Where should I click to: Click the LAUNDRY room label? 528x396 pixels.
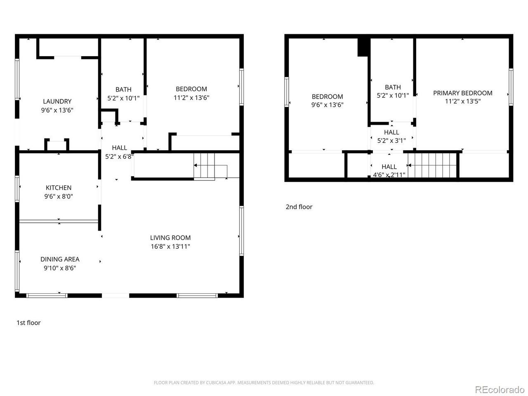pyautogui.click(x=57, y=101)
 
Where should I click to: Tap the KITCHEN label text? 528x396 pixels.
pyautogui.click(x=59, y=188)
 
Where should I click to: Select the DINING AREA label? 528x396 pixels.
pyautogui.click(x=60, y=259)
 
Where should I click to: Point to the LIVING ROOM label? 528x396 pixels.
pyautogui.click(x=170, y=238)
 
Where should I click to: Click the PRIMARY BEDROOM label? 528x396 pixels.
pyautogui.click(x=462, y=93)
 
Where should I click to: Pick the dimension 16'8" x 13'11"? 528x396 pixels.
pyautogui.click(x=170, y=247)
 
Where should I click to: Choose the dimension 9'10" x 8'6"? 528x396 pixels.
pyautogui.click(x=60, y=268)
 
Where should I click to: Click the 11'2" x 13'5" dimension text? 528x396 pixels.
pyautogui.click(x=462, y=101)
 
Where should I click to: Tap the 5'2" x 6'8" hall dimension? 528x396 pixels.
pyautogui.click(x=119, y=156)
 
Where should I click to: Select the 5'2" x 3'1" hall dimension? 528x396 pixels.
pyautogui.click(x=391, y=140)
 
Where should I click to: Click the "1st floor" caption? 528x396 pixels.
pyautogui.click(x=28, y=323)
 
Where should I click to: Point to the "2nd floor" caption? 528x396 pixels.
pyautogui.click(x=299, y=207)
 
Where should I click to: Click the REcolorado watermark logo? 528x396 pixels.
pyautogui.click(x=499, y=389)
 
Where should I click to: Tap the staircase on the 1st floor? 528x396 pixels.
pyautogui.click(x=205, y=166)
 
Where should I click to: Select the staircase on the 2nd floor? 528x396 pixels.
pyautogui.click(x=433, y=165)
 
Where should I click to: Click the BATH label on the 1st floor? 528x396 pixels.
pyautogui.click(x=123, y=90)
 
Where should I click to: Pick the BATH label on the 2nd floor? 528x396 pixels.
pyautogui.click(x=393, y=87)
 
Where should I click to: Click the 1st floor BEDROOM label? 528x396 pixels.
pyautogui.click(x=191, y=89)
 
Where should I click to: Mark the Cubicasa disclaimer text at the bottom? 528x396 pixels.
pyautogui.click(x=264, y=383)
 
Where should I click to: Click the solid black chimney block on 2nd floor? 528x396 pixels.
pyautogui.click(x=363, y=47)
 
